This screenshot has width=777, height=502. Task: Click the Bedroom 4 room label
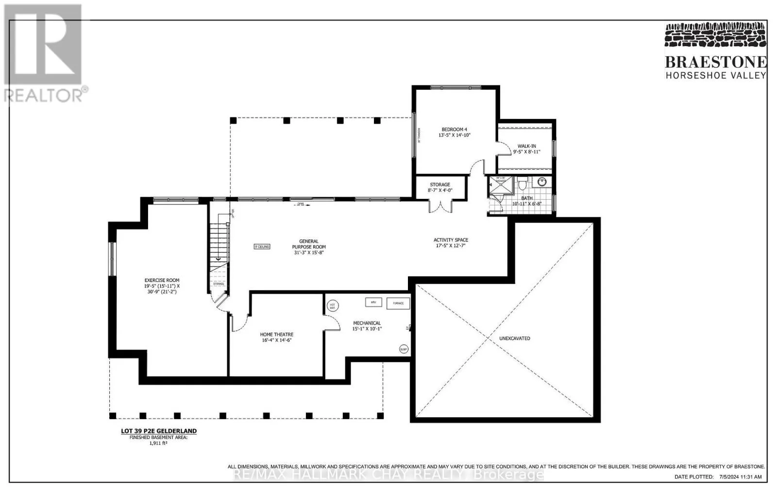pyautogui.click(x=454, y=132)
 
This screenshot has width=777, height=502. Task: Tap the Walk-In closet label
pyautogui.click(x=526, y=149)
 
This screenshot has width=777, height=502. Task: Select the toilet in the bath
pyautogui.click(x=523, y=184)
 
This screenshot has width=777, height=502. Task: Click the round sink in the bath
pyautogui.click(x=542, y=182)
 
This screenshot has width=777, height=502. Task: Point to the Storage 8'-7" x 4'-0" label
pyautogui.click(x=440, y=188)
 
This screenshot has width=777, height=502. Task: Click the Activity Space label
pyautogui.click(x=451, y=243)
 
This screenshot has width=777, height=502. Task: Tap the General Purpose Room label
pyautogui.click(x=309, y=247)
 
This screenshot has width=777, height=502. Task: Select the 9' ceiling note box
pyautogui.click(x=262, y=246)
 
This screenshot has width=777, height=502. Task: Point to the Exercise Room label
pyautogui.click(x=162, y=286)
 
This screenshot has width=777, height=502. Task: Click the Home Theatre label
pyautogui.click(x=276, y=337)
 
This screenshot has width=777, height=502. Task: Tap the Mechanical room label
pyautogui.click(x=367, y=326)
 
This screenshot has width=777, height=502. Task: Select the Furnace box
pyautogui.click(x=398, y=304)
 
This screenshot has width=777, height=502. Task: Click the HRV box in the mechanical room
pyautogui.click(x=373, y=302)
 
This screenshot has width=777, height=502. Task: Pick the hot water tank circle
pyautogui.click(x=333, y=306)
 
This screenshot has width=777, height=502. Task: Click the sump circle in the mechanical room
pyautogui.click(x=403, y=349)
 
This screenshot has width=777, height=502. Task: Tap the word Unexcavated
pyautogui.click(x=515, y=338)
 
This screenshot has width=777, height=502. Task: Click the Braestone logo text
pyautogui.click(x=715, y=62)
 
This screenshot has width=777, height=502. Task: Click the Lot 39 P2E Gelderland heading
pyautogui.click(x=159, y=431)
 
